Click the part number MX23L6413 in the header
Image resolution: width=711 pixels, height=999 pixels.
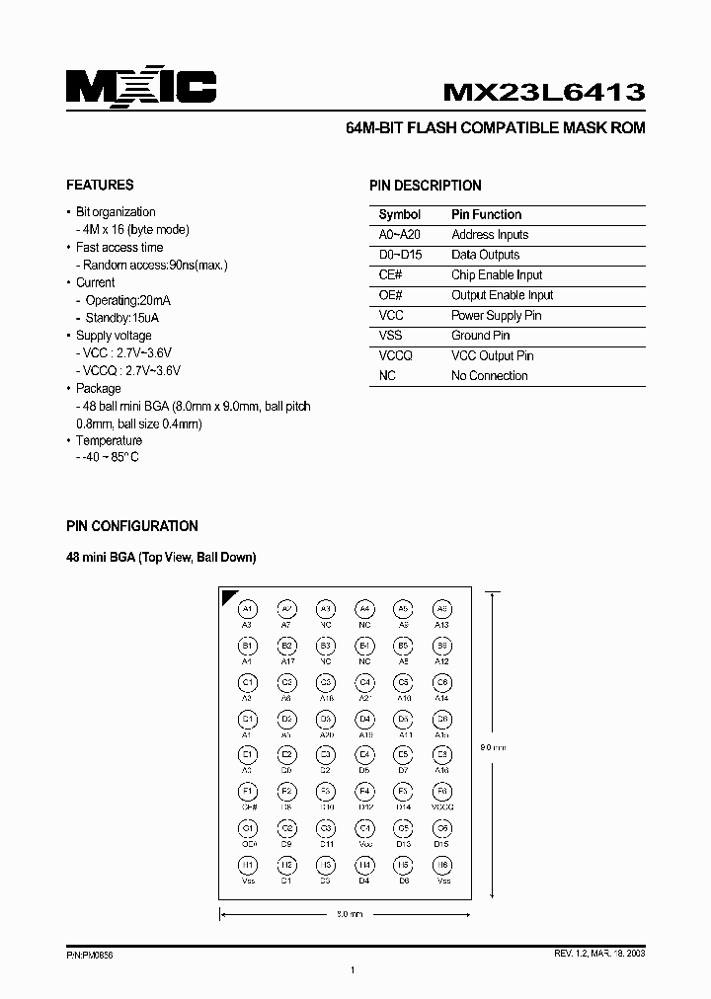coord(544,92)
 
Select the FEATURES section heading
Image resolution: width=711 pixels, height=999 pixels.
coord(100,185)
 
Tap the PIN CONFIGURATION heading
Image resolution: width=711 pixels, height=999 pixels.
coord(131,526)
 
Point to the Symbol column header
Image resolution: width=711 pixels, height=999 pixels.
coord(399,214)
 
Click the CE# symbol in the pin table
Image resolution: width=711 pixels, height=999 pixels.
coord(391,275)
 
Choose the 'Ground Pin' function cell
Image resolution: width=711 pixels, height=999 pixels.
coord(480,336)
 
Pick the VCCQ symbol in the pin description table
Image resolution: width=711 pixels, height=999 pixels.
coord(395,355)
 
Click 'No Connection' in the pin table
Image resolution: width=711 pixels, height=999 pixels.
coord(489,376)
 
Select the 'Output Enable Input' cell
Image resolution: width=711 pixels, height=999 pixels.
coord(502,295)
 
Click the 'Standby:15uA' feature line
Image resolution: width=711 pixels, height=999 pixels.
coord(122,318)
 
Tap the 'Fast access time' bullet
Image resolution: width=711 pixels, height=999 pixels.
coord(119,248)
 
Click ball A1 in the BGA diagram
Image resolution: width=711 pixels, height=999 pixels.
coord(248,609)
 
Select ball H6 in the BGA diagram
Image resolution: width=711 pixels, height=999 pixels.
coord(442,865)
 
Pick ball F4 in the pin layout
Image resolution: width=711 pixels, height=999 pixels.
coord(364,792)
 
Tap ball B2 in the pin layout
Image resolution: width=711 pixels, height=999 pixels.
coord(286,646)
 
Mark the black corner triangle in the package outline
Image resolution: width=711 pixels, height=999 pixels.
coord(228,596)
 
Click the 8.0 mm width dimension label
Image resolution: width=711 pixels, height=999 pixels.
coord(351,915)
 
